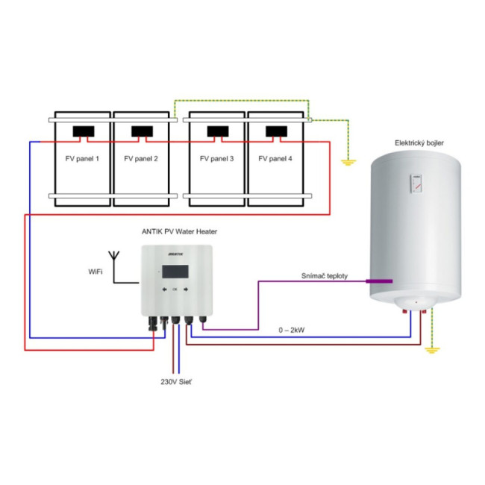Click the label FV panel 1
click(82, 159)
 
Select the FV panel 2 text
click(141, 159)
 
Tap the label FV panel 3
click(217, 159)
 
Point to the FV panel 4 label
click(275, 159)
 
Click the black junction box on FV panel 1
click(83, 132)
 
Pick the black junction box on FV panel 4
click(277, 132)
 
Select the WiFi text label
click(95, 272)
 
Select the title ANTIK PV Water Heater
click(179, 231)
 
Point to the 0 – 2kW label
click(292, 329)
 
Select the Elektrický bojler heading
click(421, 142)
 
